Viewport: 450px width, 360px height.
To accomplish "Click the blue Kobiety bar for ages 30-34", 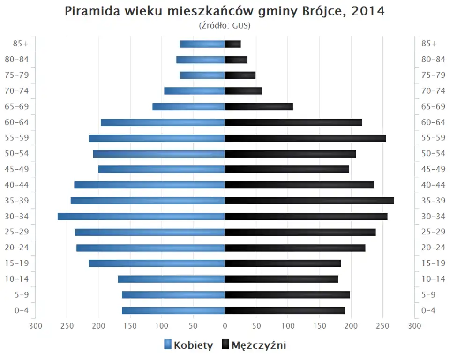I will [x=141, y=216].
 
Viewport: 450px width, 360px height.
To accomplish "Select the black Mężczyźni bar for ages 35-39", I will [x=309, y=201].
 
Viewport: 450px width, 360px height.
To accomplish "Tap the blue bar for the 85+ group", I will [x=202, y=44].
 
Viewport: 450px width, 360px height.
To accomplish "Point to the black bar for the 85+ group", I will [x=232, y=44].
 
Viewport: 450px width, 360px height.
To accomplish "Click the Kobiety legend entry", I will [x=188, y=345].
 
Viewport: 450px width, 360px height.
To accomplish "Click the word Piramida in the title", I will [x=90, y=11].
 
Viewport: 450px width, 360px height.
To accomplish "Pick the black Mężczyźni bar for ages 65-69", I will [x=259, y=106].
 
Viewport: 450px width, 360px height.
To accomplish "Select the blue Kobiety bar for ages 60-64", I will [x=163, y=122].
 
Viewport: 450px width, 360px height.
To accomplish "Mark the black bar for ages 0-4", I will [x=285, y=310].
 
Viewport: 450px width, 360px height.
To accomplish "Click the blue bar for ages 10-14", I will [x=171, y=279].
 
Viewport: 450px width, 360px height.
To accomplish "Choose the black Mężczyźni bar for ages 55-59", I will [x=305, y=138].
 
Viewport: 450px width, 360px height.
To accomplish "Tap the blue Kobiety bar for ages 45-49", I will [x=161, y=169].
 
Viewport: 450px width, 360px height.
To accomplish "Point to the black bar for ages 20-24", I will [x=295, y=247].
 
